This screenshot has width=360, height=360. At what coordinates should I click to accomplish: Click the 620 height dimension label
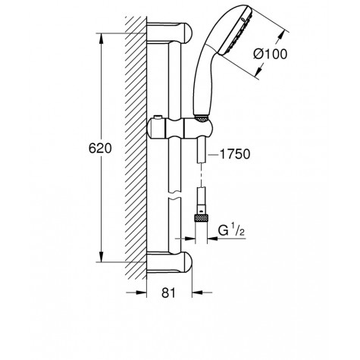tap(100, 148)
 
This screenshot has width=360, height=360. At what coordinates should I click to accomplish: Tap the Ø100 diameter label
tap(271, 54)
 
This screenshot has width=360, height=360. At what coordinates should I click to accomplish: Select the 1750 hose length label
tap(235, 154)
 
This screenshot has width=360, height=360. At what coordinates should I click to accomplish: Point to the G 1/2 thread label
tap(231, 230)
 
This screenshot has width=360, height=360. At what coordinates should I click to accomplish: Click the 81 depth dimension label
tap(168, 293)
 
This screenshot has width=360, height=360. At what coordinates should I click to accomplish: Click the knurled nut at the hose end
tap(201, 218)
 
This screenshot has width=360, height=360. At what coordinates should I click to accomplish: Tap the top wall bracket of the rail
tap(169, 33)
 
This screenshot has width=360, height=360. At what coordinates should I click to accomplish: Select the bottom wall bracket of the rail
tap(169, 262)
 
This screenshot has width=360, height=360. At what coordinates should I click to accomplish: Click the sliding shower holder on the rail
tap(179, 129)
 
